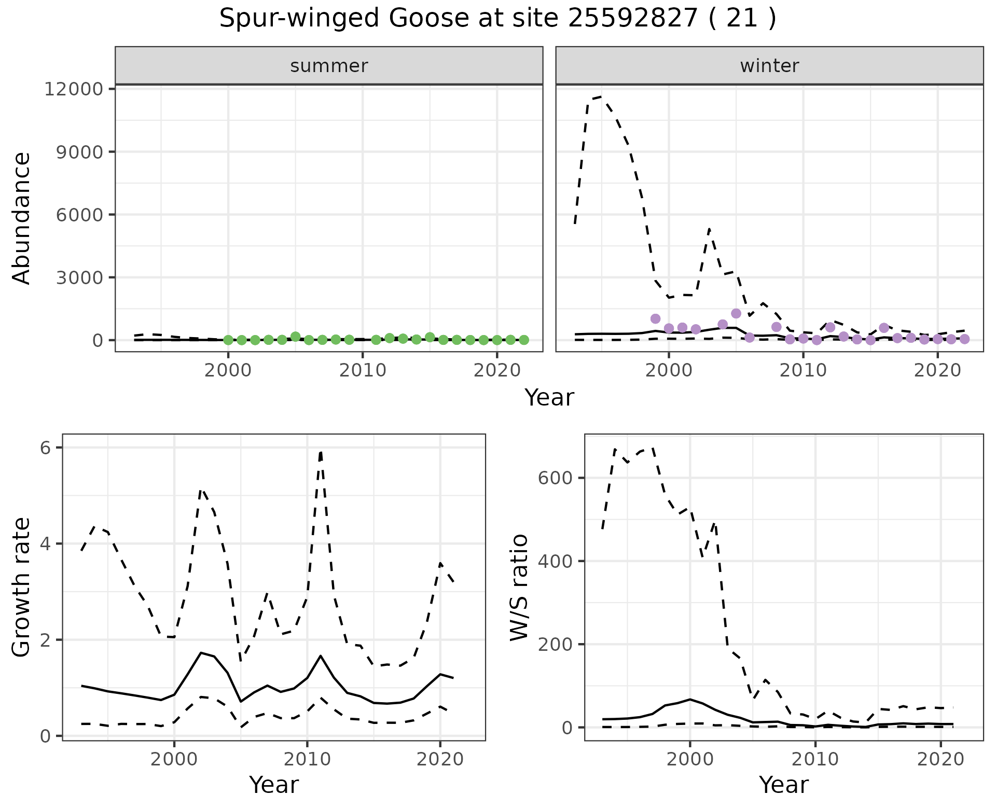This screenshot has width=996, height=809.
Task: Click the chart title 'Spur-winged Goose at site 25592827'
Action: coord(497,19)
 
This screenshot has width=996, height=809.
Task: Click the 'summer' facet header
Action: coord(329,66)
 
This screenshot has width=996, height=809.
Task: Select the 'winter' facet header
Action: coord(769,66)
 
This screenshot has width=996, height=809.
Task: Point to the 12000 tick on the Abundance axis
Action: coord(74,89)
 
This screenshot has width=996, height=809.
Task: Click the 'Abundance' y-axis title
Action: coord(22,218)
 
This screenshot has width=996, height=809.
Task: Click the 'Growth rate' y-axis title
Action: coord(22,587)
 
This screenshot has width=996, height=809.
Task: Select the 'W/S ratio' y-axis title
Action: coord(519,587)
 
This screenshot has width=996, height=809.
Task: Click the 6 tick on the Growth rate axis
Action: coord(46,448)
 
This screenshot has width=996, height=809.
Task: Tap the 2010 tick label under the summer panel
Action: coord(362,371)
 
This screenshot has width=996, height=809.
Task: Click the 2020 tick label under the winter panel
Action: coord(937,371)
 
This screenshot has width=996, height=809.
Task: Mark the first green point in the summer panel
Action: coord(228,340)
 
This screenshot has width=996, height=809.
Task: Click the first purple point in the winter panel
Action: coord(655,318)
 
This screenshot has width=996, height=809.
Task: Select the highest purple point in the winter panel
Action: coord(736,313)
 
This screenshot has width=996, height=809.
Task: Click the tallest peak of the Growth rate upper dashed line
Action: coord(321,452)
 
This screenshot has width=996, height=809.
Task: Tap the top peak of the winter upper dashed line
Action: coord(601,96)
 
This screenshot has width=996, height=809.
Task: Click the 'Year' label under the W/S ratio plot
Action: coord(783,785)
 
